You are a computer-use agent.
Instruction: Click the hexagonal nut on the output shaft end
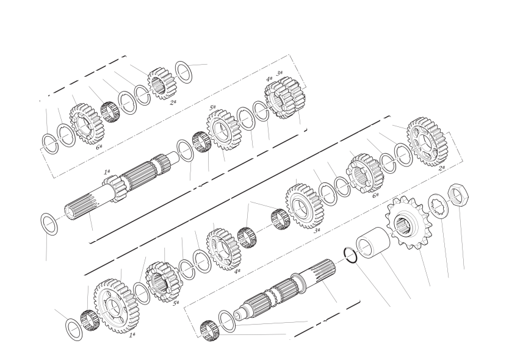[x=458, y=195]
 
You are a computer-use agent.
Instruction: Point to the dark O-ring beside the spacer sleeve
[x=350, y=256]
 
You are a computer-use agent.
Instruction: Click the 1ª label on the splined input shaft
[x=107, y=171]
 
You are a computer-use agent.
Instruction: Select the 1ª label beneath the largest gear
[x=132, y=335]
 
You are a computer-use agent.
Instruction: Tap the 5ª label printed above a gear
[x=212, y=107]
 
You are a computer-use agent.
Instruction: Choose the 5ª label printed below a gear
[x=176, y=303]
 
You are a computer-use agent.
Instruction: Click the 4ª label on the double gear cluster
[x=269, y=79]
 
